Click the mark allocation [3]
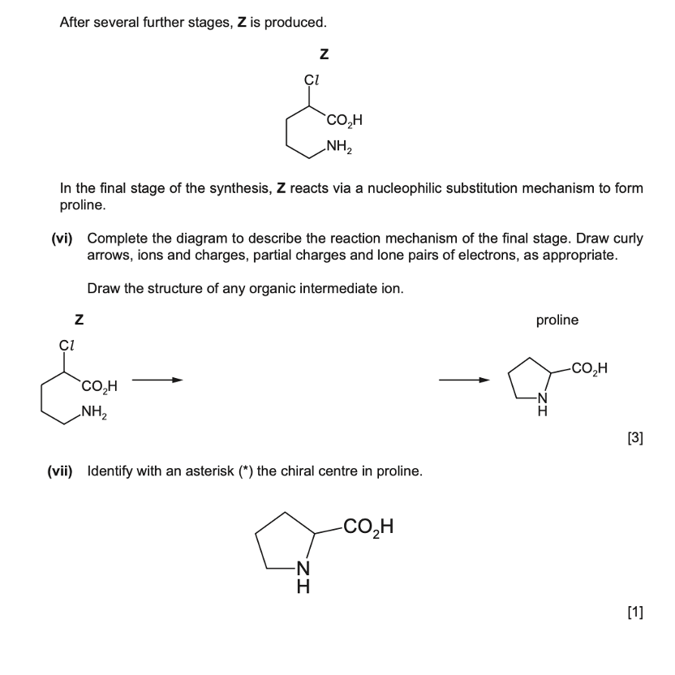click(x=635, y=439)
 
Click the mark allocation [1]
click(x=635, y=613)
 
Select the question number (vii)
click(x=59, y=471)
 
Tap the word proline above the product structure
click(x=557, y=320)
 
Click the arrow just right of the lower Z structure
click(x=156, y=379)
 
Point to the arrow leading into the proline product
click(x=464, y=379)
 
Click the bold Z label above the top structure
click(x=324, y=55)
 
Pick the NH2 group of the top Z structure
click(x=340, y=148)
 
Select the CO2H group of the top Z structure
click(x=344, y=123)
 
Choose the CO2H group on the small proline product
click(x=589, y=370)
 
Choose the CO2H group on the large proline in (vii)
click(x=368, y=528)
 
